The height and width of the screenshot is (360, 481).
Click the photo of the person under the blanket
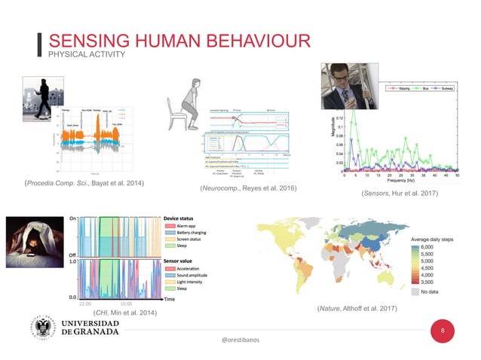coord(32,248)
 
